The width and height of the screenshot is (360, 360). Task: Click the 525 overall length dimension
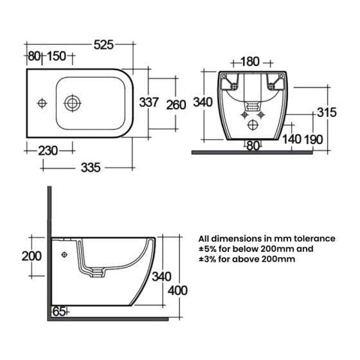click(104, 45)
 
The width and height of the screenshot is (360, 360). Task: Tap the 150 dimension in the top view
click(57, 57)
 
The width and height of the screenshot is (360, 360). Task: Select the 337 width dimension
click(148, 102)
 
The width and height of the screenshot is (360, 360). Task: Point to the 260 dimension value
click(176, 105)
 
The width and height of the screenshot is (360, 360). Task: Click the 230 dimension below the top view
click(48, 151)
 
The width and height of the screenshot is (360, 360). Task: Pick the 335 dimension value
click(91, 168)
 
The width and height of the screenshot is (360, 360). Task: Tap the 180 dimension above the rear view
click(250, 62)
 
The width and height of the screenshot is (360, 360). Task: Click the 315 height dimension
click(327, 113)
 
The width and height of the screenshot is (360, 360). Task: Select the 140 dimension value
click(292, 139)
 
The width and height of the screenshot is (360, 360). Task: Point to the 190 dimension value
click(314, 139)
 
